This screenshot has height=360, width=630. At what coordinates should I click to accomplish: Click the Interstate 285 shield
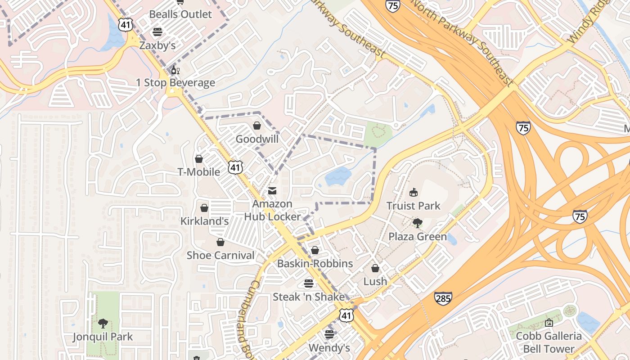pyautogui.click(x=443, y=298)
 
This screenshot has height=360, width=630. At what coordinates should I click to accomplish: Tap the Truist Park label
pyautogui.click(x=414, y=206)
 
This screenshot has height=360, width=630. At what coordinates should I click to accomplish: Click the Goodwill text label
pyautogui.click(x=257, y=139)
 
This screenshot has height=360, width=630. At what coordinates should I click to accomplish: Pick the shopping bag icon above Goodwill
pyautogui.click(x=257, y=126)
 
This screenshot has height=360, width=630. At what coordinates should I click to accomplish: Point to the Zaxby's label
pyautogui.click(x=157, y=45)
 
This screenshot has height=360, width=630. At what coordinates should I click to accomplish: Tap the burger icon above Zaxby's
pyautogui.click(x=157, y=32)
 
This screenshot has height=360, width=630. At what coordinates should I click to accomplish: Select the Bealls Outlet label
pyautogui.click(x=180, y=14)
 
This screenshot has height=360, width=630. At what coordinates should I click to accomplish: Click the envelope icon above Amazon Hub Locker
pyautogui.click(x=272, y=191)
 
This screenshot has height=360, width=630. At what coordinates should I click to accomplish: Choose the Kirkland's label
pyautogui.click(x=204, y=221)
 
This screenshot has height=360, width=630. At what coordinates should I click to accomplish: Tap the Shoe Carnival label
pyautogui.click(x=220, y=255)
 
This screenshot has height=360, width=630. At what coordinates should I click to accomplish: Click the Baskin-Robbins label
pyautogui.click(x=315, y=263)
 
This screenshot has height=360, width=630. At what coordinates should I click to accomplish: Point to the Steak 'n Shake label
pyautogui.click(x=309, y=297)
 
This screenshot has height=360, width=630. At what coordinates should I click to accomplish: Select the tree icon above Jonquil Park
pyautogui.click(x=103, y=323)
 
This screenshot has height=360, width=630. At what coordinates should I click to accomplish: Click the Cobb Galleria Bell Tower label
pyautogui.click(x=549, y=342)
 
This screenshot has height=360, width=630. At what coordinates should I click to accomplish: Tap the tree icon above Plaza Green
pyautogui.click(x=418, y=223)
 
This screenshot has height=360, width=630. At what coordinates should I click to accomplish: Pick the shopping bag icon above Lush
pyautogui.click(x=375, y=269)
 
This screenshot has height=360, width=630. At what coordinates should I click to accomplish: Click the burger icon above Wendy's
pyautogui.click(x=329, y=334)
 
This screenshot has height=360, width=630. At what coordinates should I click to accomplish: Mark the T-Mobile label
pyautogui.click(x=199, y=171)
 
